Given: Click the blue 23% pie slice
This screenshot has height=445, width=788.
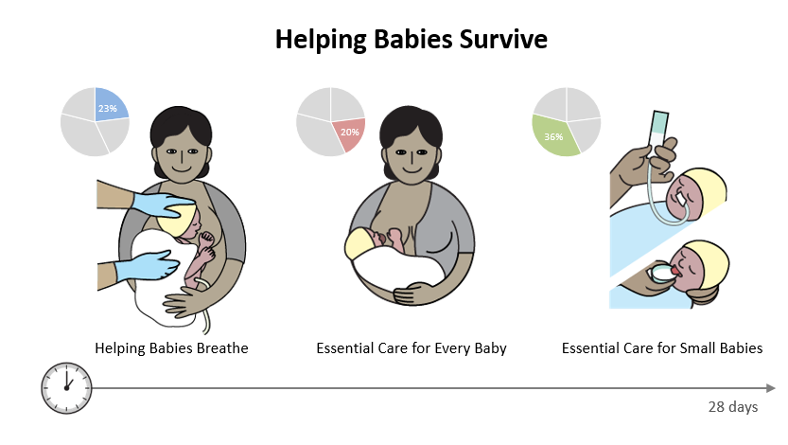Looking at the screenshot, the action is click(x=109, y=105).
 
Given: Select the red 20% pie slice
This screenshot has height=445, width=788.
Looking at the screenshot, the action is click(x=349, y=133).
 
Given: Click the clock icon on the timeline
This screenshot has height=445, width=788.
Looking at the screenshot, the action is click(x=66, y=388).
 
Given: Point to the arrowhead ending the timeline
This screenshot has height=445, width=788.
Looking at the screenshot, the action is click(x=770, y=388).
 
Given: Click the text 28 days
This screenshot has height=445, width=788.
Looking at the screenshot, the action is click(x=733, y=407).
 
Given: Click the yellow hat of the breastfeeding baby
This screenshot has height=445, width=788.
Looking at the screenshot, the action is click(x=359, y=243).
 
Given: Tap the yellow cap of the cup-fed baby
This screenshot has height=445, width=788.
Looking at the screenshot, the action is click(x=709, y=261).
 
